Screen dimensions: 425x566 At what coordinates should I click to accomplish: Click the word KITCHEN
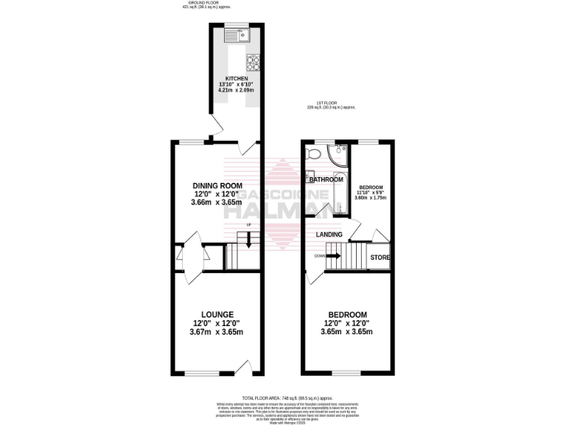(237, 79)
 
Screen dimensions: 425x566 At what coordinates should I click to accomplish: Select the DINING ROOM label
(217, 185)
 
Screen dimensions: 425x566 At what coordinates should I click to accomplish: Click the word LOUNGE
(216, 314)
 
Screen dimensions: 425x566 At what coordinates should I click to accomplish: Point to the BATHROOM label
(326, 179)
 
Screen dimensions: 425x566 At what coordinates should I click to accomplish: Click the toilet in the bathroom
(312, 153)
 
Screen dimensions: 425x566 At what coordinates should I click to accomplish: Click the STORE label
(380, 258)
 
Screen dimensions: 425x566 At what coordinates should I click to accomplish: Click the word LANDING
(329, 235)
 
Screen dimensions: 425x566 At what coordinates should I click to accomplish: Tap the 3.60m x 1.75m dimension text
(369, 198)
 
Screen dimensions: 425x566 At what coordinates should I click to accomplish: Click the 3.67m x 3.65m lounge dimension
(216, 331)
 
